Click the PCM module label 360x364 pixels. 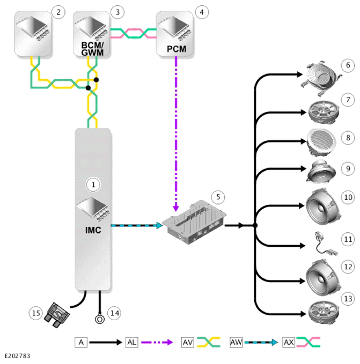177,49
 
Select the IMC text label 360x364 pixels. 93,230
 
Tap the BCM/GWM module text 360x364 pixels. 92,49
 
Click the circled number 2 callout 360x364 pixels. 58,12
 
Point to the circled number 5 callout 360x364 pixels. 218,197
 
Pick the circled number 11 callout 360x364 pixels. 348,239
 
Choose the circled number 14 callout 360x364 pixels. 114,313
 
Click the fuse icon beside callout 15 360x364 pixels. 56,315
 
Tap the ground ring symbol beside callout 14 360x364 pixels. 100,320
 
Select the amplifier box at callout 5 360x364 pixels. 194,222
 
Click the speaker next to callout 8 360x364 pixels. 321,142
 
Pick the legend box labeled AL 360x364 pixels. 132,342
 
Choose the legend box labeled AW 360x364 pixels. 236,342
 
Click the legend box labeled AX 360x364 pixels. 289,342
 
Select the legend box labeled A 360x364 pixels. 81,342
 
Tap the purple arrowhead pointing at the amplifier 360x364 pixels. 176,208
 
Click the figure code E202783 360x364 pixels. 18,356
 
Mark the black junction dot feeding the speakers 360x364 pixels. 255,225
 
